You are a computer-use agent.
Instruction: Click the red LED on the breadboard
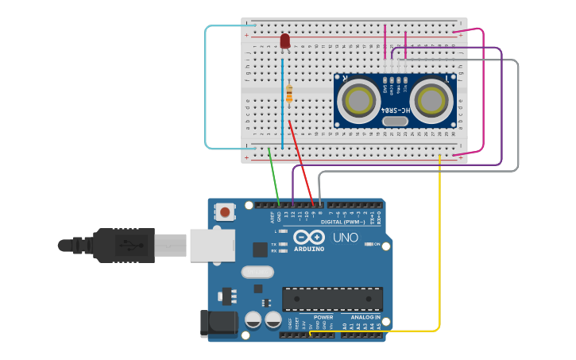285,41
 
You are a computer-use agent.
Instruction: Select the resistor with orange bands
288,94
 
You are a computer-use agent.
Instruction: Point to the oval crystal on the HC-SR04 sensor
394,121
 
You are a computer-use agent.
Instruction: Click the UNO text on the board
345,238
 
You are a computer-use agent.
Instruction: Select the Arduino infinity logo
309,237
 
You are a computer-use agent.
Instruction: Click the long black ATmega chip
332,299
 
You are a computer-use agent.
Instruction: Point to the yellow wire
439,254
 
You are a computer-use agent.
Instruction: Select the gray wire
517,119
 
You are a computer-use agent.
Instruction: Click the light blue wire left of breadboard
206,87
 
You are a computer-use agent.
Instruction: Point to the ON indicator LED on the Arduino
367,244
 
